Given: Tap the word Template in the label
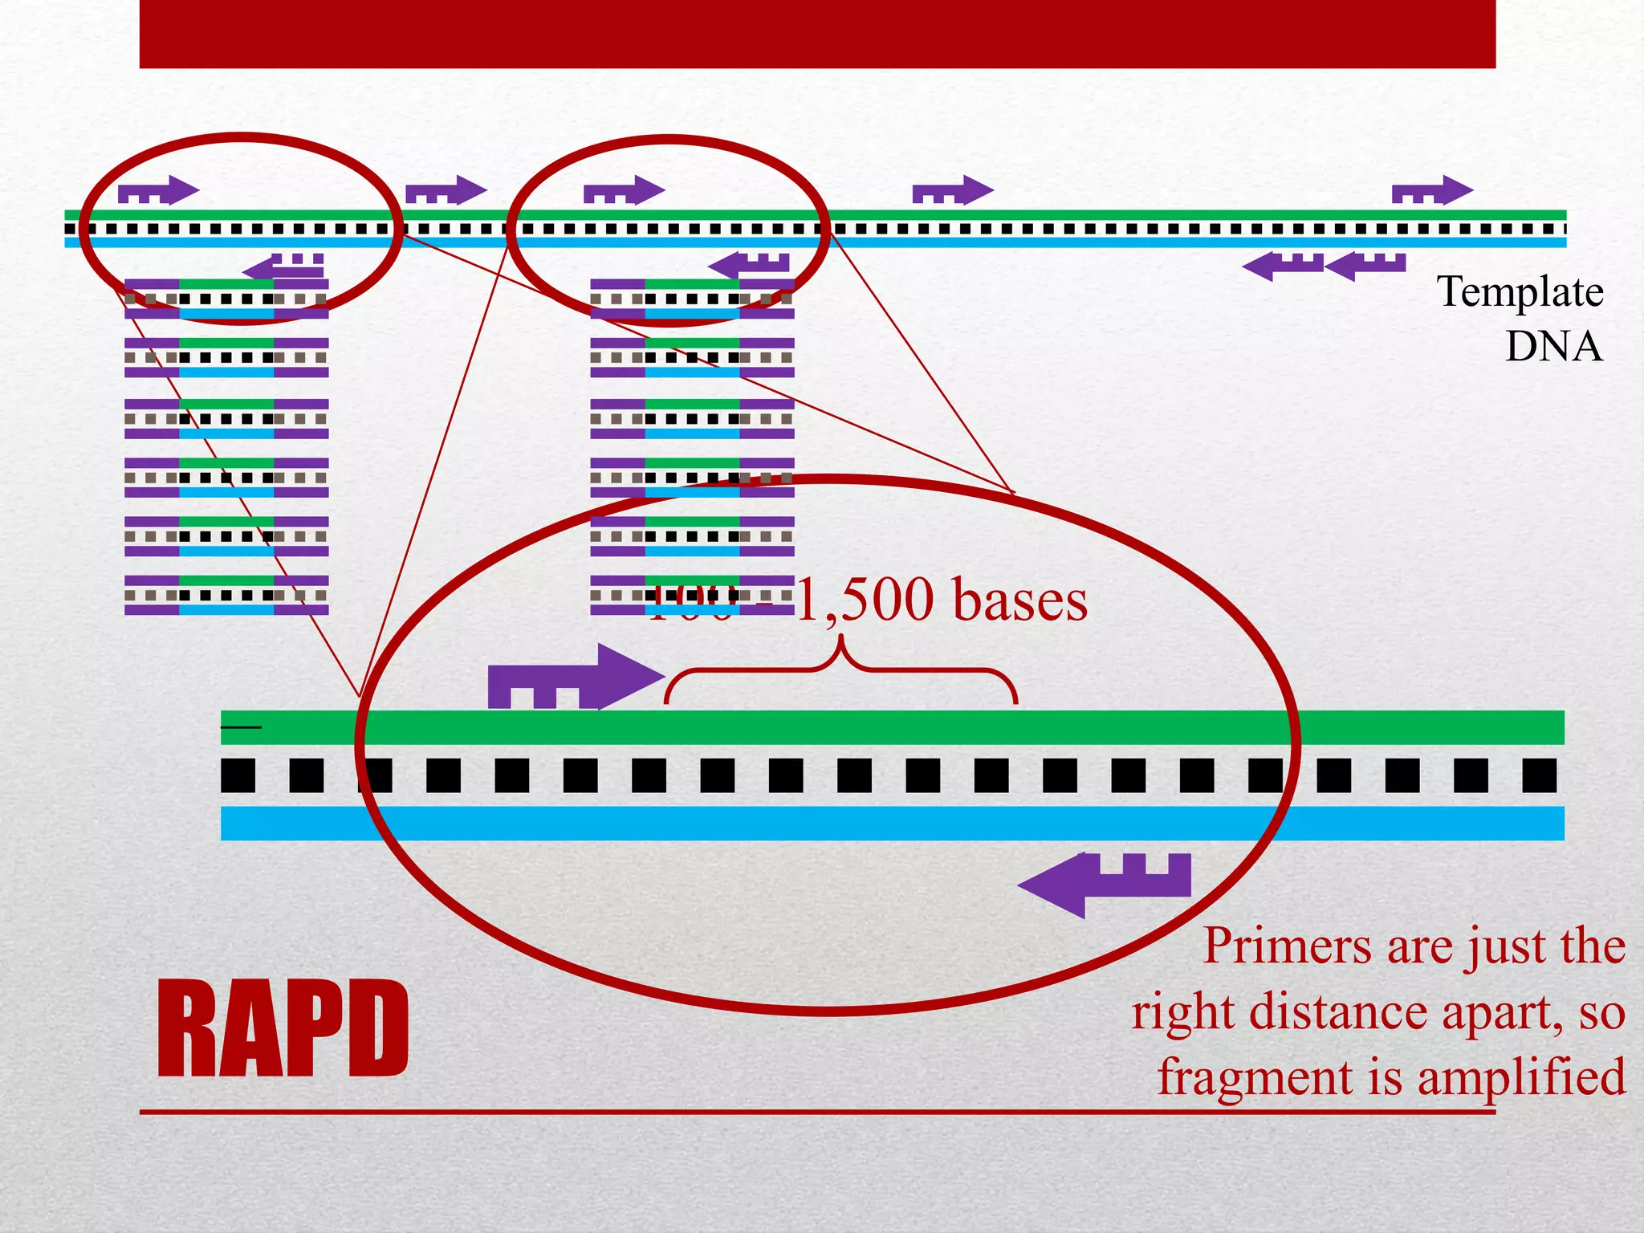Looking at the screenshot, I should [x=1520, y=292].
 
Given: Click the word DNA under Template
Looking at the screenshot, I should [x=1553, y=347].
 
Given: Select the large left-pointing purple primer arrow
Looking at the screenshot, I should [x=1105, y=884].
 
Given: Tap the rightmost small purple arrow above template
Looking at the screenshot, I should [x=1432, y=191].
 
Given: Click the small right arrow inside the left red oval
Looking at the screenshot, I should [x=158, y=191].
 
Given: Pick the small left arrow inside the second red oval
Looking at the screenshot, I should [x=749, y=264].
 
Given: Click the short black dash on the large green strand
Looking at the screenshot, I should [x=241, y=727].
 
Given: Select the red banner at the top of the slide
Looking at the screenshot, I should [x=817, y=34].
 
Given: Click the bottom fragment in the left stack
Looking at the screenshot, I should [x=226, y=595].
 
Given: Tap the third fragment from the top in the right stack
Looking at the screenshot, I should [x=692, y=418].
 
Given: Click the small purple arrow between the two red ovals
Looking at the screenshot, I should [x=446, y=191].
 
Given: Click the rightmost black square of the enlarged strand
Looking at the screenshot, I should [x=1539, y=775].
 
